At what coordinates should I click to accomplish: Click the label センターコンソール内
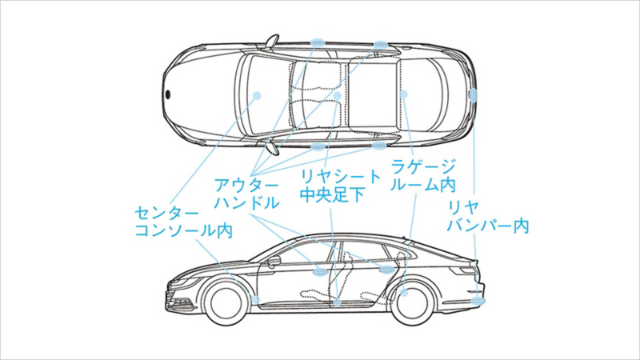click(x=184, y=222)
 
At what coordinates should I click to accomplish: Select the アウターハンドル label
click(x=246, y=194)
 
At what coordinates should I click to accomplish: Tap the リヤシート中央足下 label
click(x=340, y=186)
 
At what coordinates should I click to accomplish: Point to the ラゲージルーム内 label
click(x=423, y=175)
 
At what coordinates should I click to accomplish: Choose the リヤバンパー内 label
click(x=488, y=216)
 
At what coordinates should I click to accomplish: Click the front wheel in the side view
click(x=226, y=303)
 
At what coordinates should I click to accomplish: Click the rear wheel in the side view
click(x=412, y=302)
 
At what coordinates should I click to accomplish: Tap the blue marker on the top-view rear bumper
click(x=473, y=95)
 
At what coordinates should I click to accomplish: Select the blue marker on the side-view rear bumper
click(x=478, y=301)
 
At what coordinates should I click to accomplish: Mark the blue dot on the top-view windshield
click(x=257, y=96)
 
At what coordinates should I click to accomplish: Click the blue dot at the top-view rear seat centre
click(x=337, y=96)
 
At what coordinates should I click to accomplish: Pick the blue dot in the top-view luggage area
click(x=404, y=94)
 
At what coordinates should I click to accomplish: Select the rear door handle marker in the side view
click(x=386, y=269)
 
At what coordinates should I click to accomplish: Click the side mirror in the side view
click(x=274, y=262)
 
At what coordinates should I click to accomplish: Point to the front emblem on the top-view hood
click(x=168, y=94)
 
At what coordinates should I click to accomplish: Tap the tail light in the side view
click(x=463, y=270)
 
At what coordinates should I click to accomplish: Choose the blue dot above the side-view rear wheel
click(x=405, y=292)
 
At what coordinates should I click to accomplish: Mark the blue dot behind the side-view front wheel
click(x=256, y=300)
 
